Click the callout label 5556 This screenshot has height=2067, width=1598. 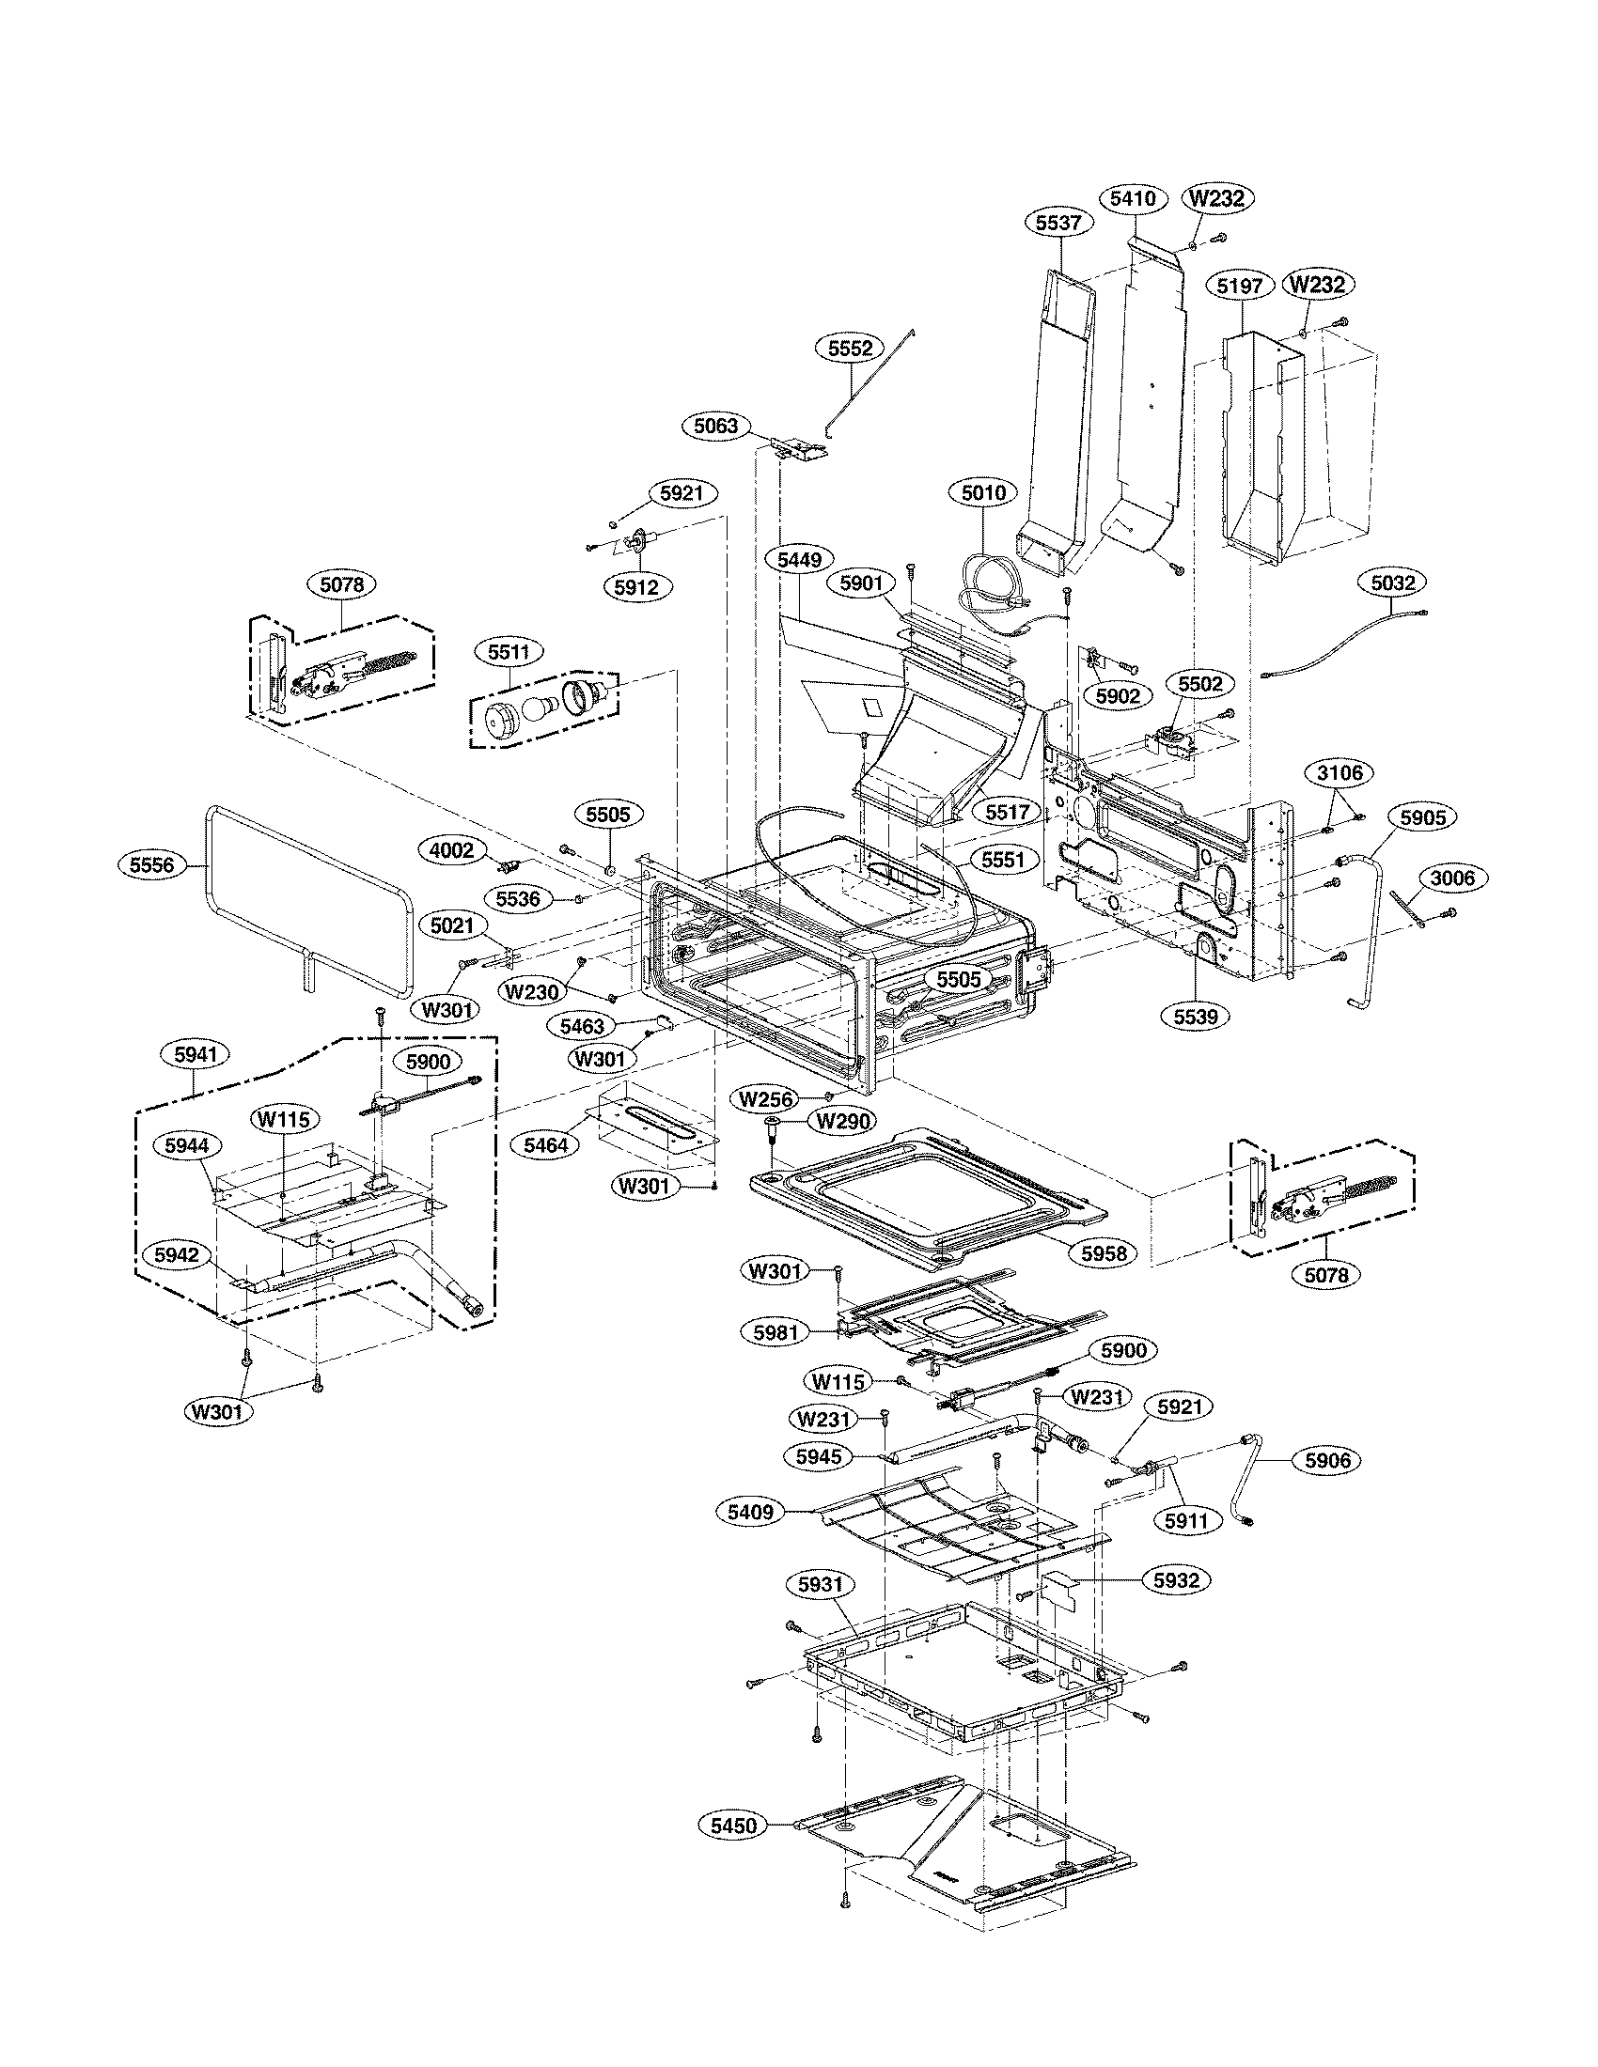pyautogui.click(x=153, y=863)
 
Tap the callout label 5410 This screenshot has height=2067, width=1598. pyautogui.click(x=1134, y=199)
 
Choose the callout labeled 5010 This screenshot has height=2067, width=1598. pyautogui.click(x=983, y=492)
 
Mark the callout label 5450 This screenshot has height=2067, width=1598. pyautogui.click(x=734, y=1825)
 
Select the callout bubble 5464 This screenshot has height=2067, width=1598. pyautogui.click(x=546, y=1145)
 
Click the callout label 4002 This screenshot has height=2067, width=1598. pyautogui.click(x=451, y=850)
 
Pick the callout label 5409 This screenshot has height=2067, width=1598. pyautogui.click(x=751, y=1513)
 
